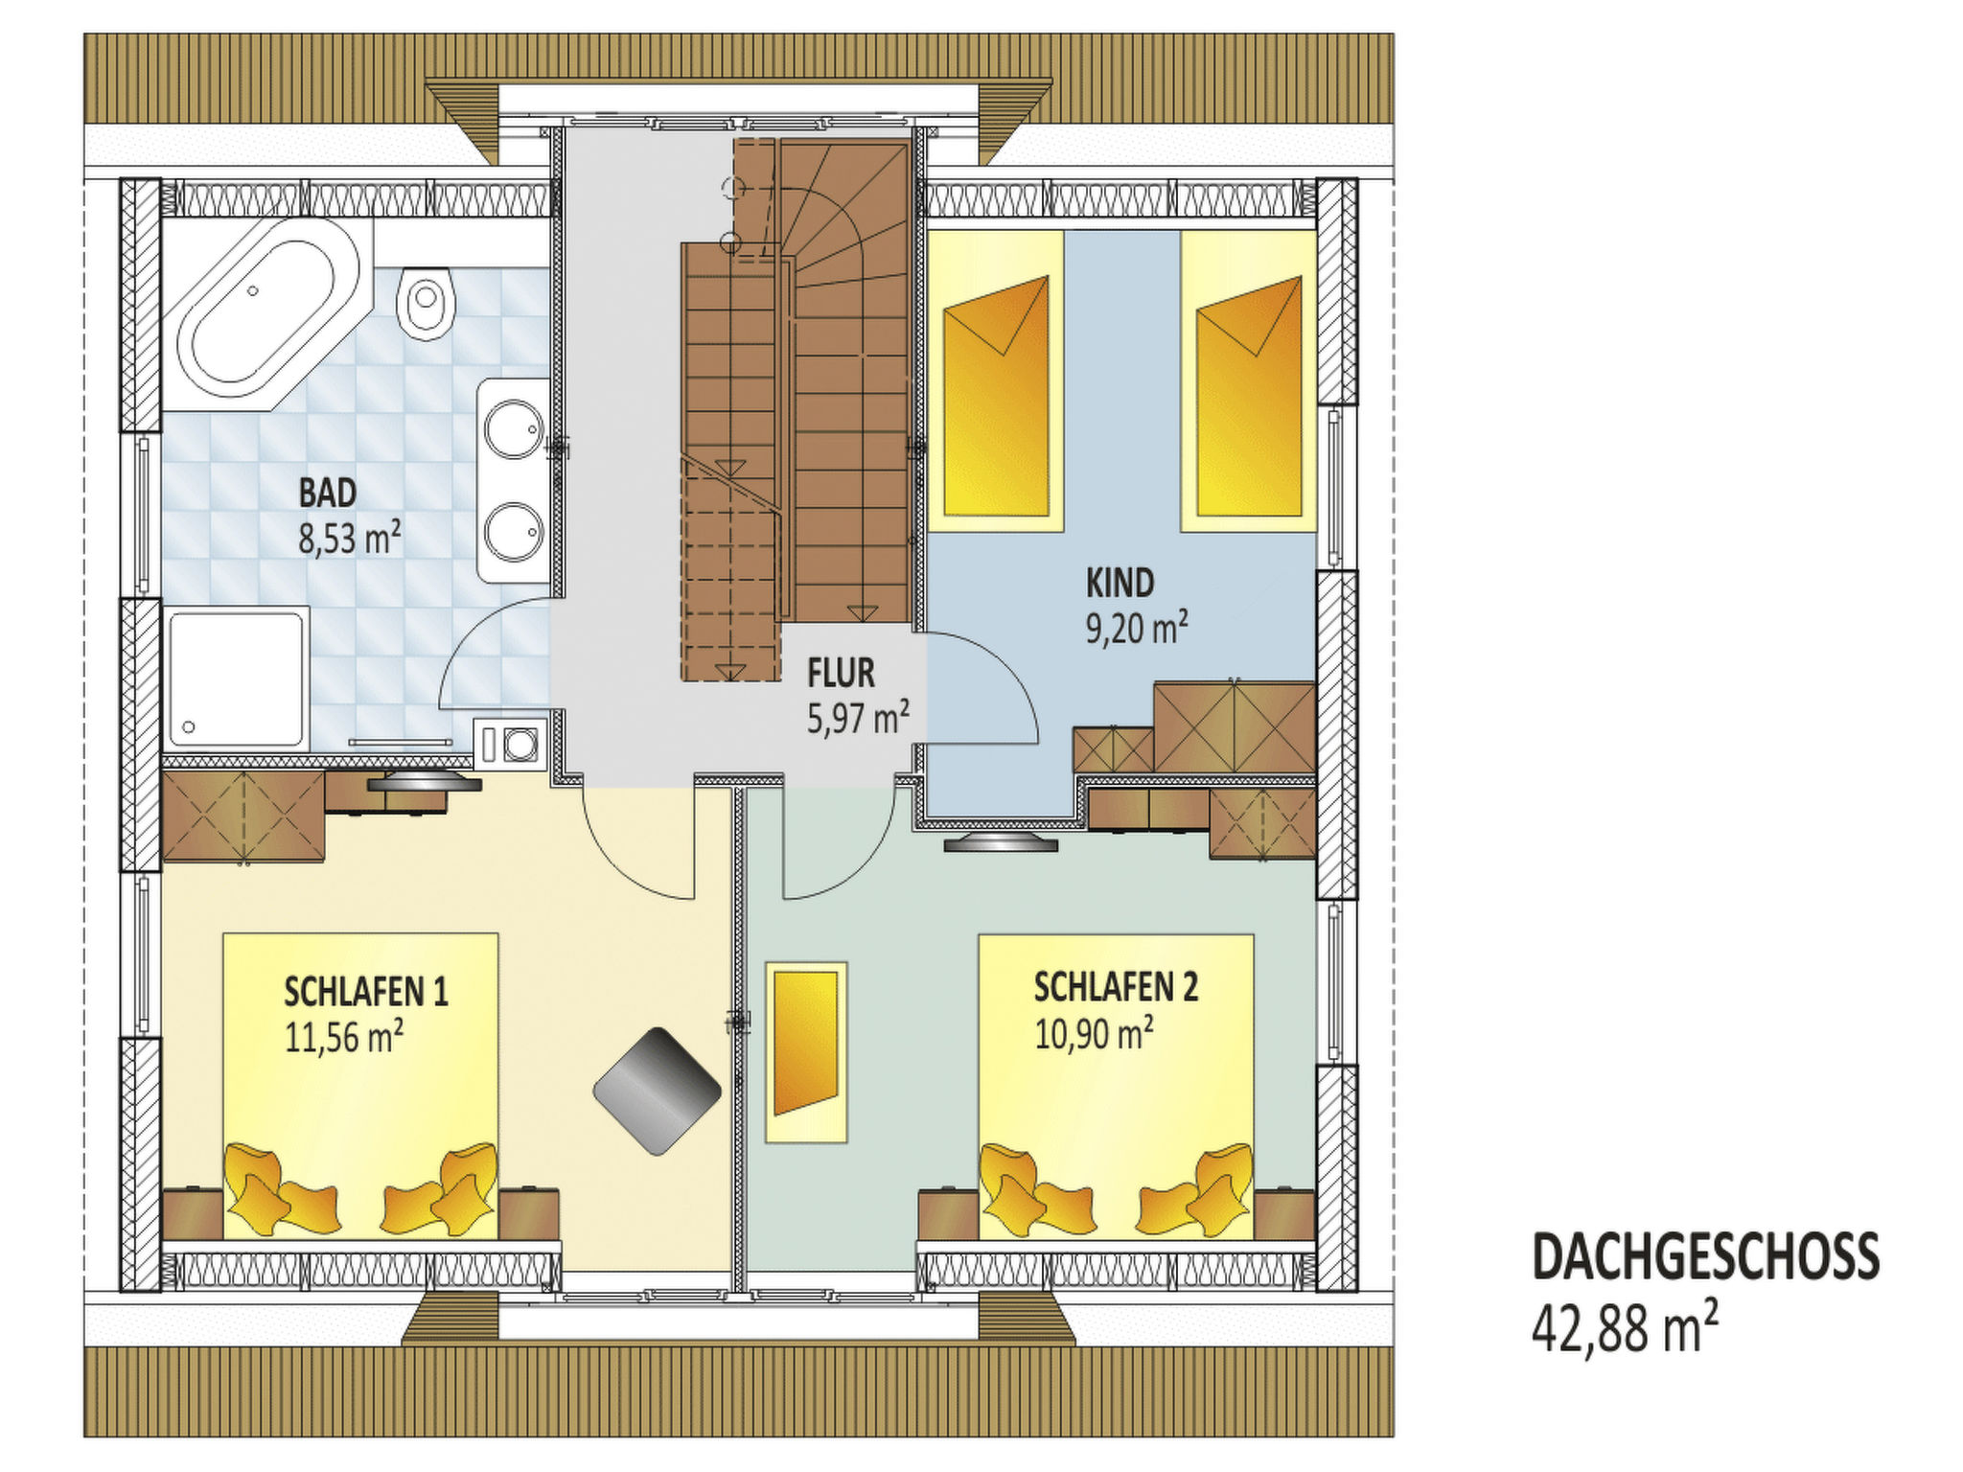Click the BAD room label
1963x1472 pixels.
tap(328, 493)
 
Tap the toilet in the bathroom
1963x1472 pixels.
tap(425, 302)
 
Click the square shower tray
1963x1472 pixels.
tap(237, 678)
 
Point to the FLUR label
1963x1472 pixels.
tap(841, 673)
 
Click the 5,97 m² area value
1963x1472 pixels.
tap(858, 718)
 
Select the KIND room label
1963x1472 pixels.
tap(1120, 583)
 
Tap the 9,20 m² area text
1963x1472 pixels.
tap(1137, 628)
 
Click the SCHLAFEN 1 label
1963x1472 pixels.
tap(366, 992)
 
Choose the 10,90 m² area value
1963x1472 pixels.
tap(1094, 1033)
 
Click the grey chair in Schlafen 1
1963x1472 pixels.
tap(657, 1091)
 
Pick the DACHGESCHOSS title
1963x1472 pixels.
tap(1706, 1256)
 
